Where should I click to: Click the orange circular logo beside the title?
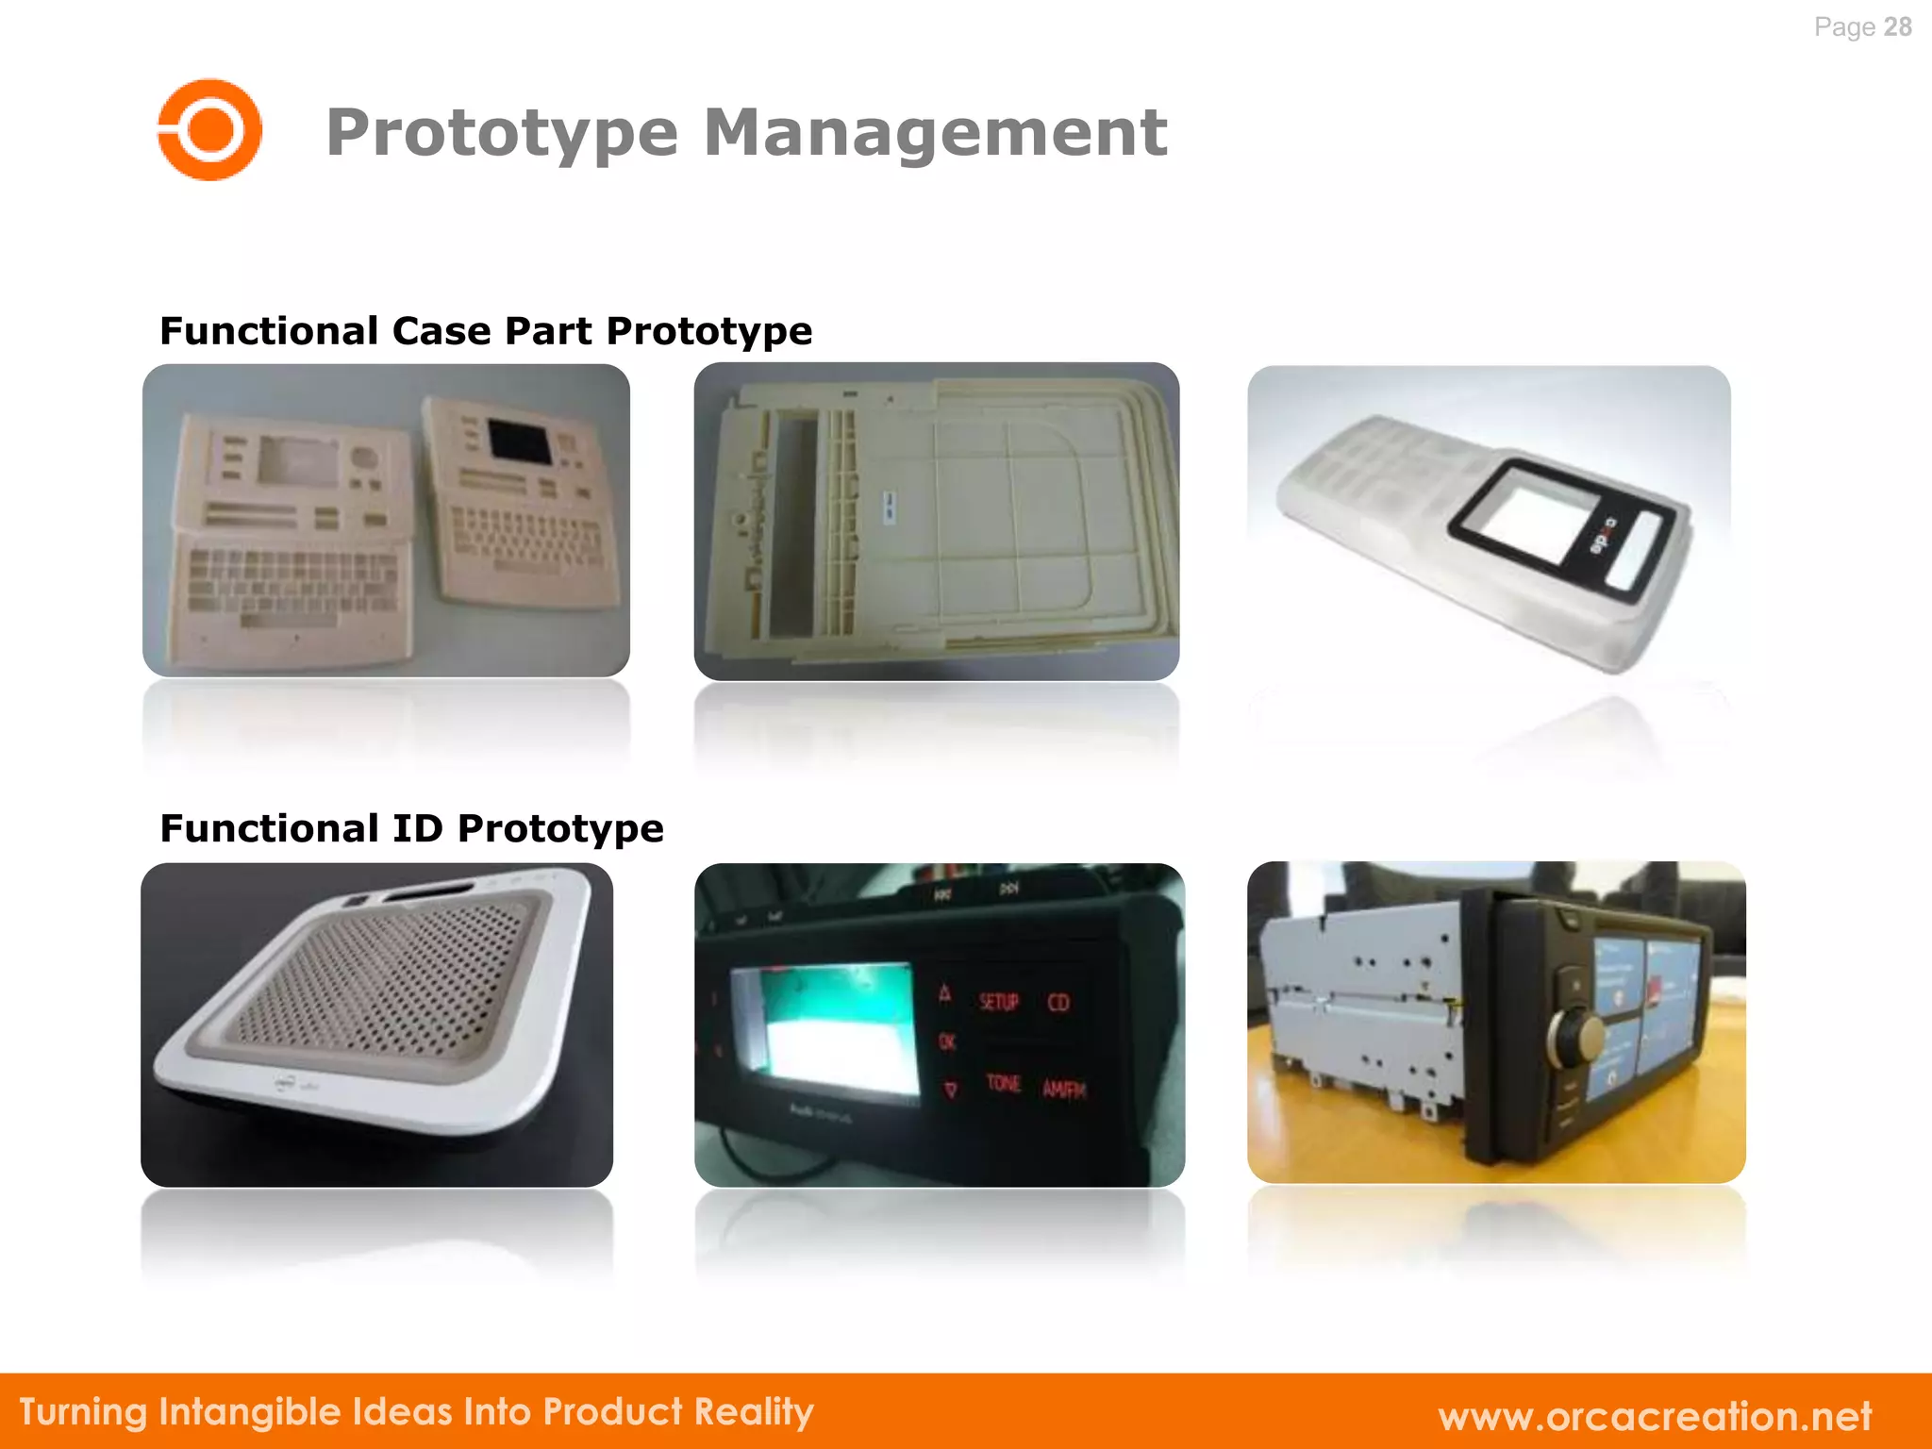(209, 129)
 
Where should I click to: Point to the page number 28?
(1897, 26)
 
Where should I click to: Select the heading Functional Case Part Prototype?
(486, 331)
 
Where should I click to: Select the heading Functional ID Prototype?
(411, 828)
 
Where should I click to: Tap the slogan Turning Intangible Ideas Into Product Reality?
(416, 1412)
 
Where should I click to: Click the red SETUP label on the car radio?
(998, 1001)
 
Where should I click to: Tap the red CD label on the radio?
(1058, 1002)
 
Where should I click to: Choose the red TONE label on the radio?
(1003, 1083)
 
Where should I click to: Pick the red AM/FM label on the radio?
(1064, 1090)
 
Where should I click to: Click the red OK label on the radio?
(947, 1041)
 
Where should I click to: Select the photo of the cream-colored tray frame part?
(936, 521)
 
